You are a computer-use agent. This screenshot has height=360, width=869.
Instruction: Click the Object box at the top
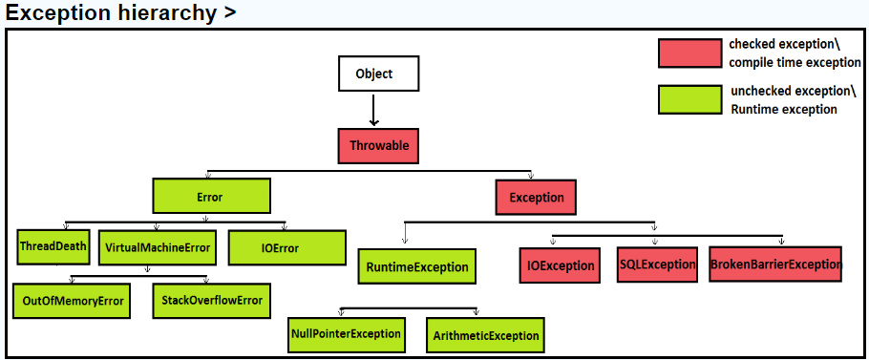tap(372, 74)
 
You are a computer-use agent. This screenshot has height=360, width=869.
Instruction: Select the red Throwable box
tap(379, 146)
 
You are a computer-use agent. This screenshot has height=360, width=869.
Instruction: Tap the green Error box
tap(210, 197)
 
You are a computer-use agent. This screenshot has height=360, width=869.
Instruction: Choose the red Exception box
tap(537, 198)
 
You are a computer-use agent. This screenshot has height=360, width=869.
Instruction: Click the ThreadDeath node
tap(53, 246)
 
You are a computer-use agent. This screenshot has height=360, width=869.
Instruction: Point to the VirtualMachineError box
tap(157, 247)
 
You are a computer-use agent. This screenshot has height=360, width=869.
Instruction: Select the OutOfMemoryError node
tap(74, 300)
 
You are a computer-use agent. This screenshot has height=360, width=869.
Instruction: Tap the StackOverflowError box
tap(211, 300)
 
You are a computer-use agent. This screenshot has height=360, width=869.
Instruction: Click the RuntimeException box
tap(417, 266)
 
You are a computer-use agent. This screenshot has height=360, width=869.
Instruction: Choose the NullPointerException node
tap(346, 334)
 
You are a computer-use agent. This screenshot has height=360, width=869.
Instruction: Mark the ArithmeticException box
tap(486, 335)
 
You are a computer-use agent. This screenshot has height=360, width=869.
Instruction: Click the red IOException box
tap(561, 265)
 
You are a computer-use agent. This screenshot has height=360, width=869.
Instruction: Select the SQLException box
tap(656, 264)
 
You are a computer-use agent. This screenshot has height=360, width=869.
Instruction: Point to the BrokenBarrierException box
tap(775, 264)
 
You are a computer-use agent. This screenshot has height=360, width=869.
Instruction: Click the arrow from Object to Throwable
tap(373, 110)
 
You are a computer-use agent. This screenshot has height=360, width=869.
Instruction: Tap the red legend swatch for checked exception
tap(689, 53)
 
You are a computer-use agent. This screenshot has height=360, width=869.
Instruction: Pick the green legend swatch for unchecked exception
tap(689, 99)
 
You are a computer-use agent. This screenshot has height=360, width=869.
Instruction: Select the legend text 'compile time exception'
tap(794, 63)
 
